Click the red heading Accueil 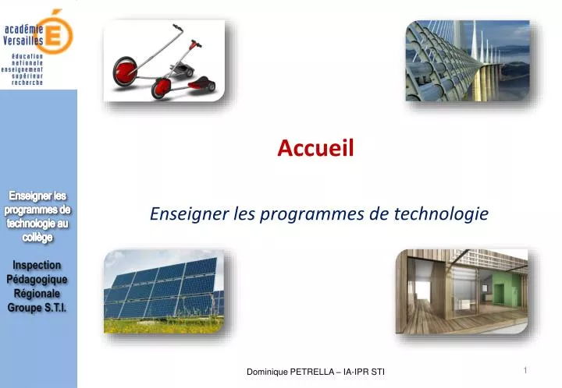coord(315,147)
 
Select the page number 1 coord(526,371)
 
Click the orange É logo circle coord(59,31)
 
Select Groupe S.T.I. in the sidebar coord(37,308)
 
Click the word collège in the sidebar coord(37,238)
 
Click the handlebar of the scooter coord(180,33)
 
